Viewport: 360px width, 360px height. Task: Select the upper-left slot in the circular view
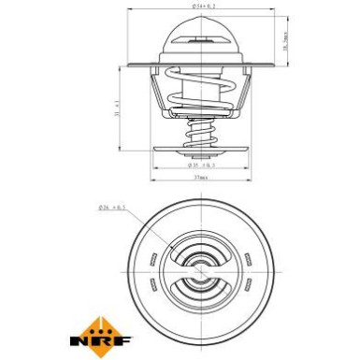click(x=150, y=255)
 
